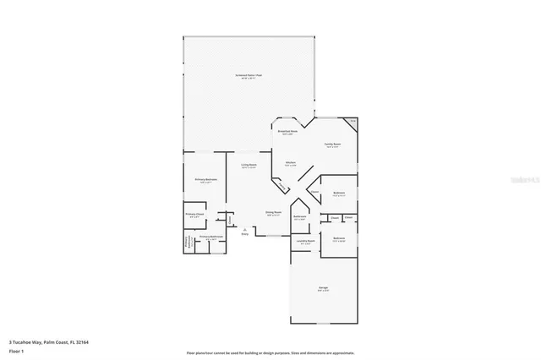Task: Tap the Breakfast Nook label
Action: coord(287,132)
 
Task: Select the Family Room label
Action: coord(333,144)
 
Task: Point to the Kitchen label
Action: coord(290,163)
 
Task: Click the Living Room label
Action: coord(249,166)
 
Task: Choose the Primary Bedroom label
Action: coord(207,180)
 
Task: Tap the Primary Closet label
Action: coord(195,215)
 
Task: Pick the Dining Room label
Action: coord(273,213)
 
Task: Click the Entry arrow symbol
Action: coord(245,230)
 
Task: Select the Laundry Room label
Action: coord(305,242)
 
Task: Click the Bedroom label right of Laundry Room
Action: coord(339,239)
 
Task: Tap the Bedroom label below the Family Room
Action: coord(339,194)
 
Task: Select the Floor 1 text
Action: coord(14,350)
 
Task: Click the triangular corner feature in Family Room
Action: coord(352,122)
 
